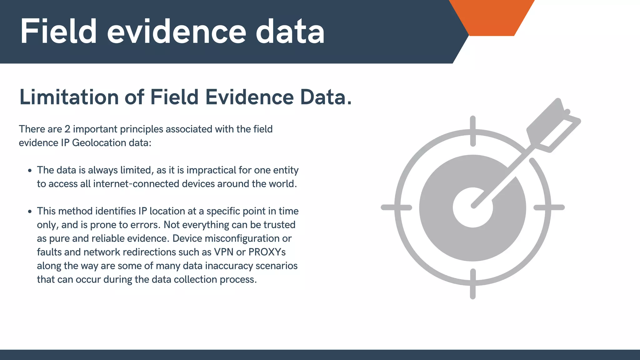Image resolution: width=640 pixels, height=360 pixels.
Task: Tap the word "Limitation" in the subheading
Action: (69, 97)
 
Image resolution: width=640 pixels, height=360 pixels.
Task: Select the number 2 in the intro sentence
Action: (67, 129)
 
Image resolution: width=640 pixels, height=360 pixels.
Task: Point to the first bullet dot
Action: (30, 171)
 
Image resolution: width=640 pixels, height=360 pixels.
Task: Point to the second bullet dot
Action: (30, 212)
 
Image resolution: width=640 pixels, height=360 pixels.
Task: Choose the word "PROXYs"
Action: (267, 252)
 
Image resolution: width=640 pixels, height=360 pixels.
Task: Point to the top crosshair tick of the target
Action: (473, 131)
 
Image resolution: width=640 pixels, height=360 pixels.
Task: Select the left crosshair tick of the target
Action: (396, 207)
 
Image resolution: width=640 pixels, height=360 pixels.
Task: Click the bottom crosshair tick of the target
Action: (473, 284)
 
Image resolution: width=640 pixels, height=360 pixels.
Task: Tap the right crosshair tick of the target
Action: (549, 207)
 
